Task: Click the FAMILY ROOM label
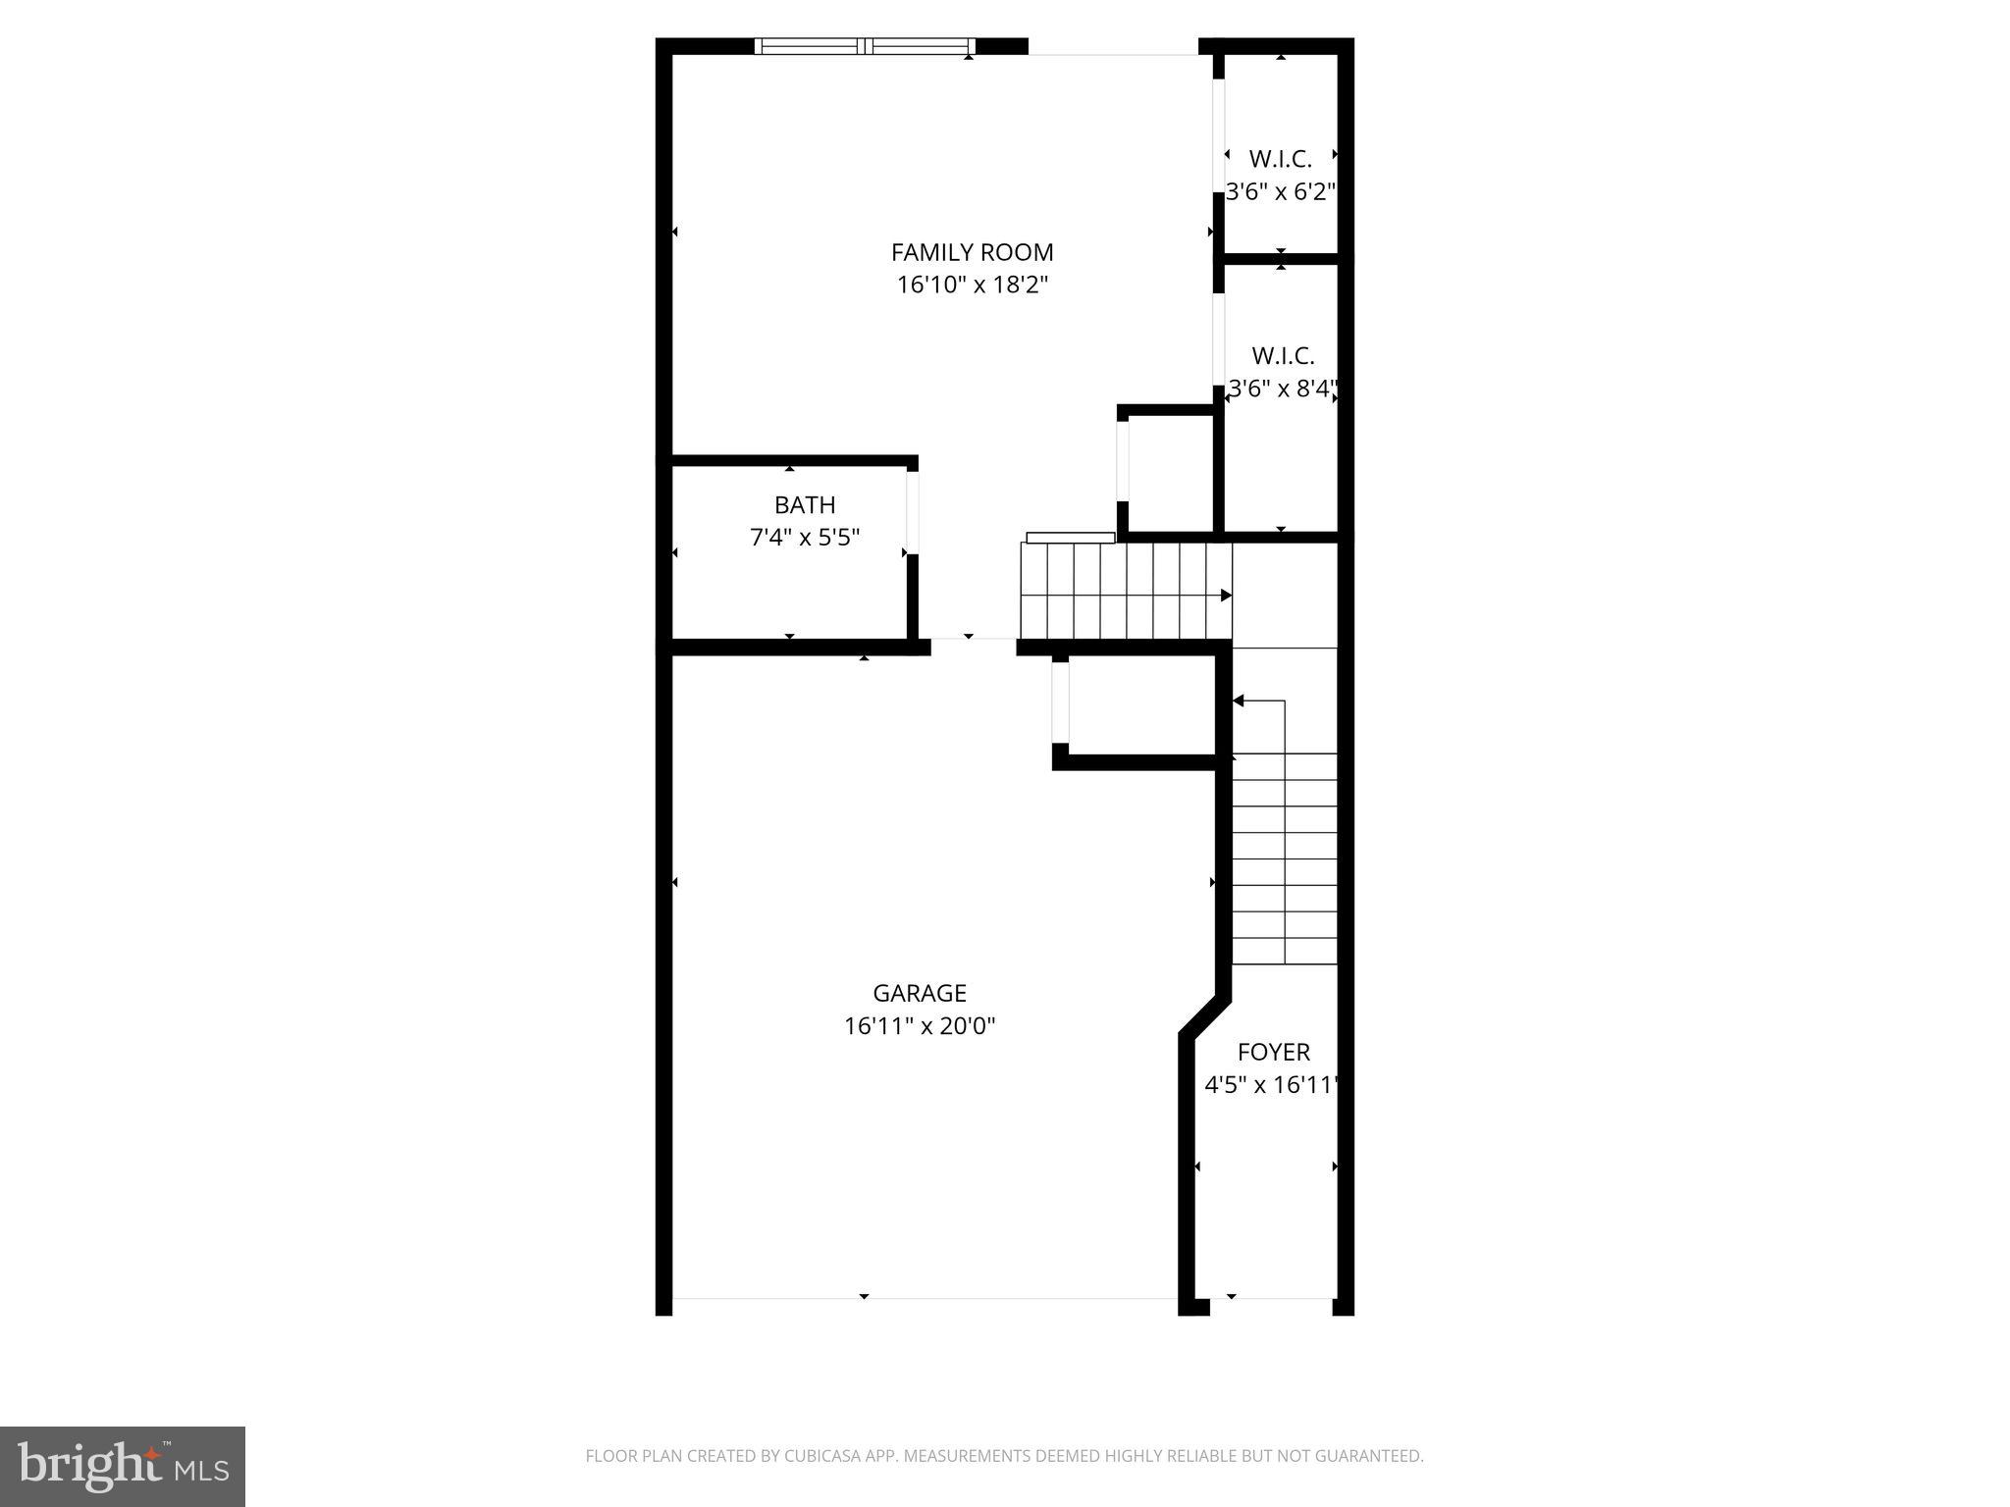click(x=972, y=252)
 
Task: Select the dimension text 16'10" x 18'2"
click(x=972, y=286)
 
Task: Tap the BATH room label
click(x=805, y=505)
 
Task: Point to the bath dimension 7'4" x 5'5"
click(x=805, y=538)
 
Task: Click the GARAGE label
click(x=920, y=993)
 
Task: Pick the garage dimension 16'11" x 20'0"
click(x=920, y=1026)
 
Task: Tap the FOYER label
click(x=1273, y=1053)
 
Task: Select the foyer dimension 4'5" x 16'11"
click(x=1271, y=1085)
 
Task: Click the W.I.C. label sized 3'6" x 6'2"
click(x=1280, y=159)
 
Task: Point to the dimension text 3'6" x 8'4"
click(x=1283, y=389)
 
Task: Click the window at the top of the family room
click(x=865, y=45)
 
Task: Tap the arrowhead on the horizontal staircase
click(x=1226, y=596)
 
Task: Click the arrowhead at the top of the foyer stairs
click(x=1239, y=701)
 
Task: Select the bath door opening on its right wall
click(x=912, y=512)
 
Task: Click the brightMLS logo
click(x=123, y=1466)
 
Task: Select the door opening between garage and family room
click(x=973, y=647)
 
